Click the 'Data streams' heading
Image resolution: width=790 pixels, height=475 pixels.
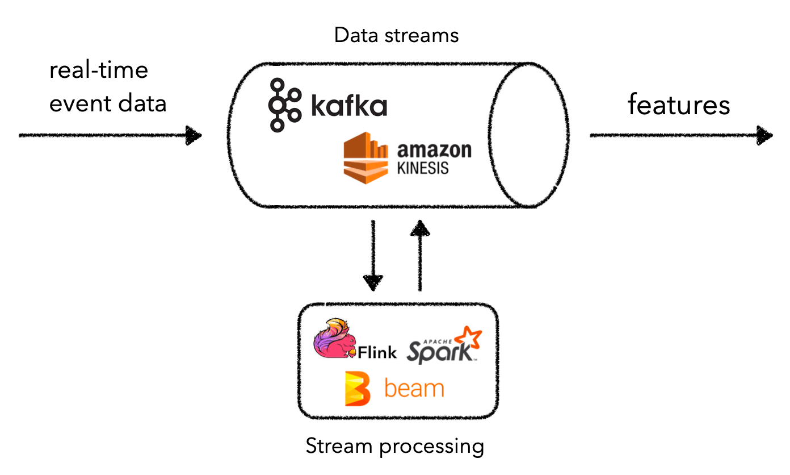[396, 36]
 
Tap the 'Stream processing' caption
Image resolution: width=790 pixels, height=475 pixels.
[395, 446]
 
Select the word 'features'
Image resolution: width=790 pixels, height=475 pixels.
[679, 105]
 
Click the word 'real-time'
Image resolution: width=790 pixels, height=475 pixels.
[99, 71]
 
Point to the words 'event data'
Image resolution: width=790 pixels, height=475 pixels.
[108, 104]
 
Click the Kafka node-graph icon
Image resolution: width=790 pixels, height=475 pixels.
[283, 105]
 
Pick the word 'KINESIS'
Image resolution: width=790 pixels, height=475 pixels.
[423, 168]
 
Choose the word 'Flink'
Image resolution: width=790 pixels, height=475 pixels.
[377, 352]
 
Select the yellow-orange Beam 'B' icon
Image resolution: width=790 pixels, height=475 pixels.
[357, 389]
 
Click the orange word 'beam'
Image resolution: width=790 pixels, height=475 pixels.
[414, 389]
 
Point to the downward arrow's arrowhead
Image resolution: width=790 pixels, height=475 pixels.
[373, 282]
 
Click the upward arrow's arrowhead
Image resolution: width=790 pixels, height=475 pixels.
[419, 228]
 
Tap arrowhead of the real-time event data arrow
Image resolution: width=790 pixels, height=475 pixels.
[194, 136]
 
